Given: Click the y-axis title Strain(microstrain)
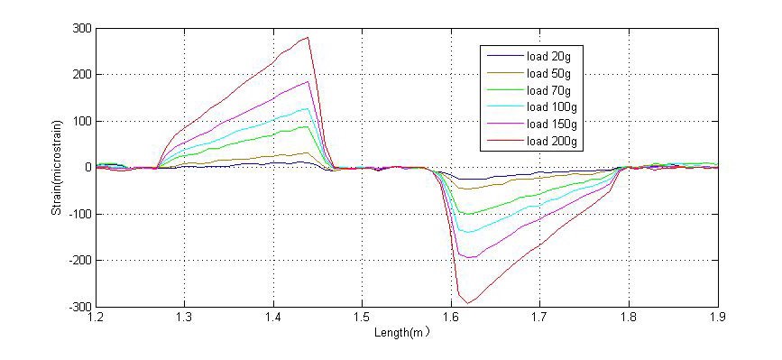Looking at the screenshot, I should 56,168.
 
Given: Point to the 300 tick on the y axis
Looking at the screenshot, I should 82,28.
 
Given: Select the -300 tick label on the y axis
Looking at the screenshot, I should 80,307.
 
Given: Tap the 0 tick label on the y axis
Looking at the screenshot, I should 87,168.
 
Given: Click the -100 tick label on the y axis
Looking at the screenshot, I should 80,214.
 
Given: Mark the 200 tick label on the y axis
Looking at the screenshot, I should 82,75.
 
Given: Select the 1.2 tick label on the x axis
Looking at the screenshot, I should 97,318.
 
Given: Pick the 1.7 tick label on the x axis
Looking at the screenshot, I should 539,318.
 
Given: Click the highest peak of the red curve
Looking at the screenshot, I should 308,37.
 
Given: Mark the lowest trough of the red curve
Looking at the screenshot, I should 467,302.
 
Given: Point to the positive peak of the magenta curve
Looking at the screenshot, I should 308,82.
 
